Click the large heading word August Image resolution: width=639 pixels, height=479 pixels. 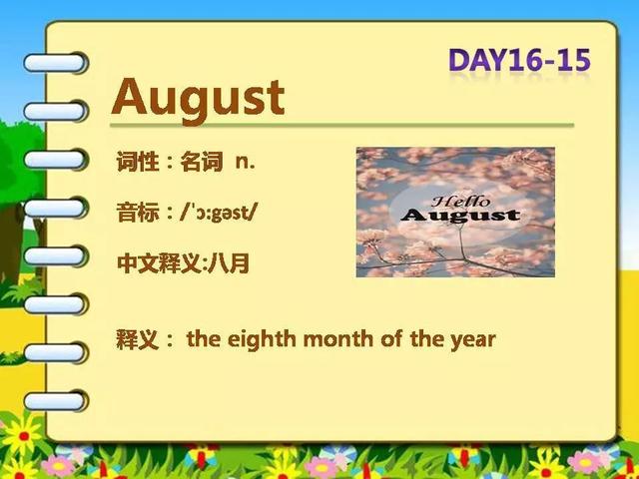(x=198, y=99)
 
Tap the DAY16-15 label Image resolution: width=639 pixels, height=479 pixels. (x=519, y=60)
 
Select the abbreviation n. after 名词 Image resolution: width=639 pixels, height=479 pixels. (x=246, y=162)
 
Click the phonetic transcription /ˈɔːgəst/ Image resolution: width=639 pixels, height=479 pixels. (x=219, y=213)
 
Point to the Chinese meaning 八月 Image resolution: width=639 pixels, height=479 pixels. (x=229, y=263)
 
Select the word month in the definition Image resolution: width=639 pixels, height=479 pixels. (x=338, y=339)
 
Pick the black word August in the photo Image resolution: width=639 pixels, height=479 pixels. (x=460, y=216)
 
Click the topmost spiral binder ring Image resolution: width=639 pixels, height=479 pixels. (x=55, y=63)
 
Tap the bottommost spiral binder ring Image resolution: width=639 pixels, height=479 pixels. (x=55, y=401)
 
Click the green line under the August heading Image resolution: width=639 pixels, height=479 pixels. (x=341, y=125)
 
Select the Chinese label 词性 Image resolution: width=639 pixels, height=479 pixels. (x=138, y=162)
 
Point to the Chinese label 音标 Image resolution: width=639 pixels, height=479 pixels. (x=138, y=213)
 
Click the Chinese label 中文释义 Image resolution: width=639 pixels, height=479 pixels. (x=160, y=263)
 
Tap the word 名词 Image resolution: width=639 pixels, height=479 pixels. (x=202, y=162)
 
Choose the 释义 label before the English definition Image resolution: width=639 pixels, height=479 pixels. (x=138, y=339)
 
